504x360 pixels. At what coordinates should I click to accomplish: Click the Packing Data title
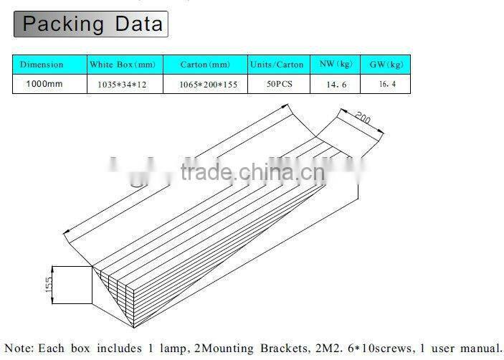coord(91,24)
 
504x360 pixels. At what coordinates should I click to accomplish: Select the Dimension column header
coord(42,65)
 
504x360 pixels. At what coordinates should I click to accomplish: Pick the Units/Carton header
coord(277,65)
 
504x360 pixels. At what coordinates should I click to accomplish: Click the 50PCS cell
coord(275,83)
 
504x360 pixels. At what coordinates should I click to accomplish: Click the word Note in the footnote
coord(19,349)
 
